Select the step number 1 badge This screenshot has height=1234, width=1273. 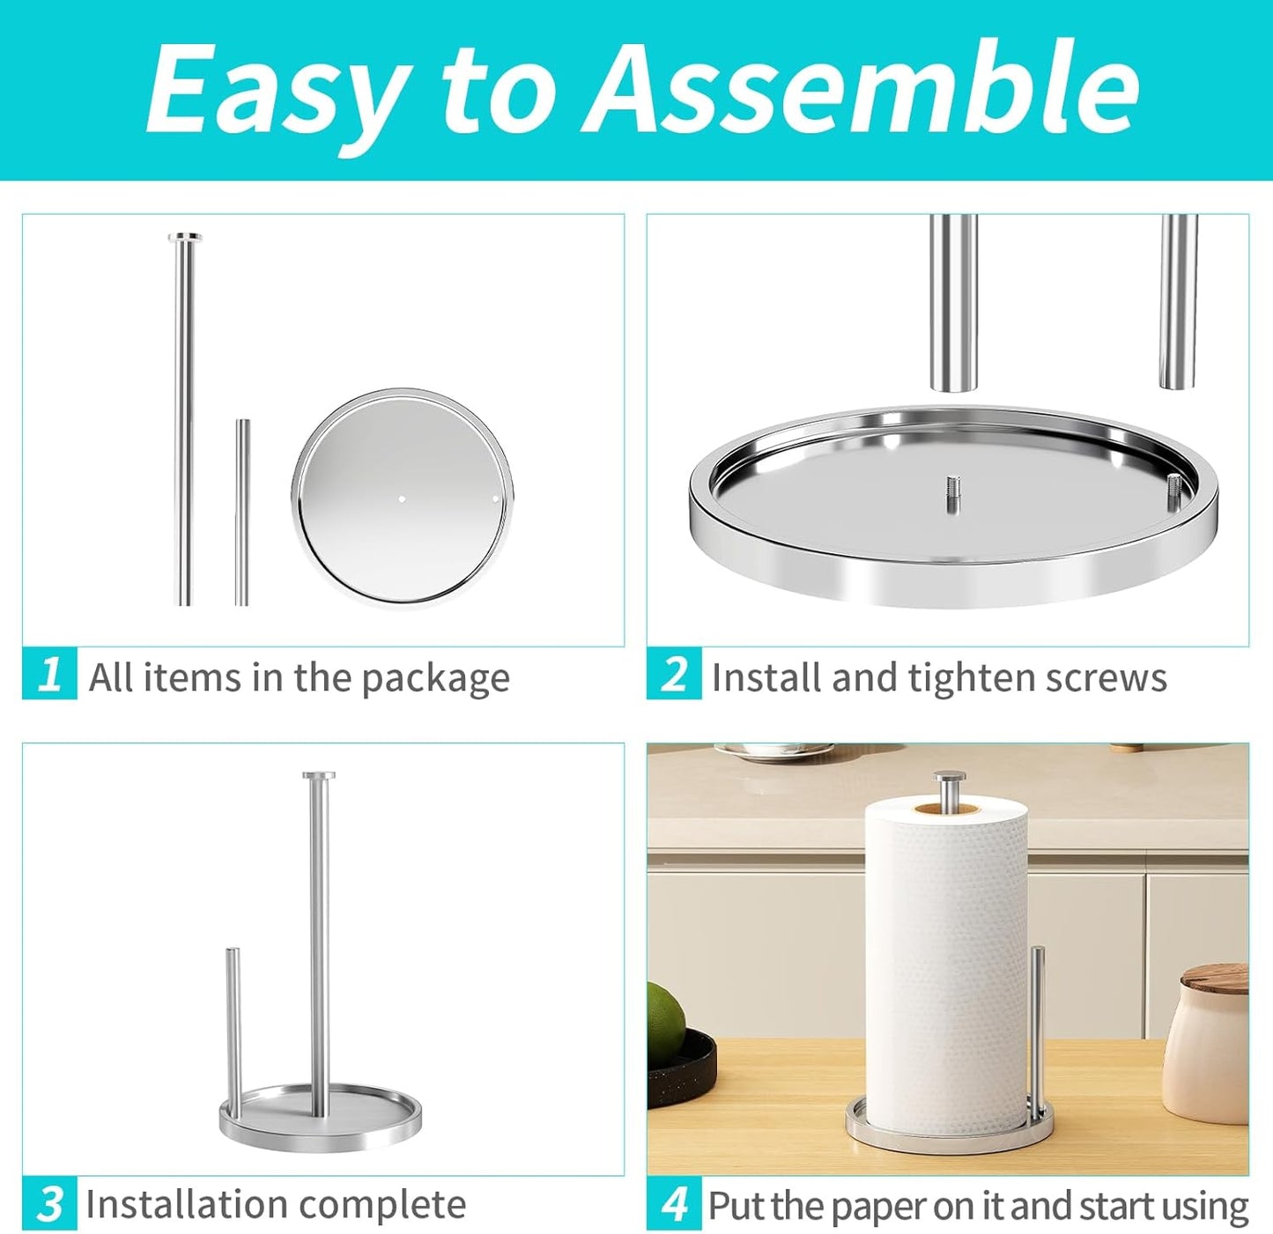click(49, 674)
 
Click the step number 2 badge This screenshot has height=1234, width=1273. click(674, 674)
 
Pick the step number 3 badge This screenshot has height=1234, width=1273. click(49, 1202)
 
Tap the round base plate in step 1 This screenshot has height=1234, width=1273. click(402, 498)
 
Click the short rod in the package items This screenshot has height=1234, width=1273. click(241, 511)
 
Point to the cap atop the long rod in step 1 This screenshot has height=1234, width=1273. click(184, 237)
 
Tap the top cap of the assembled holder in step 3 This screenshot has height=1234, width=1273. click(318, 776)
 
